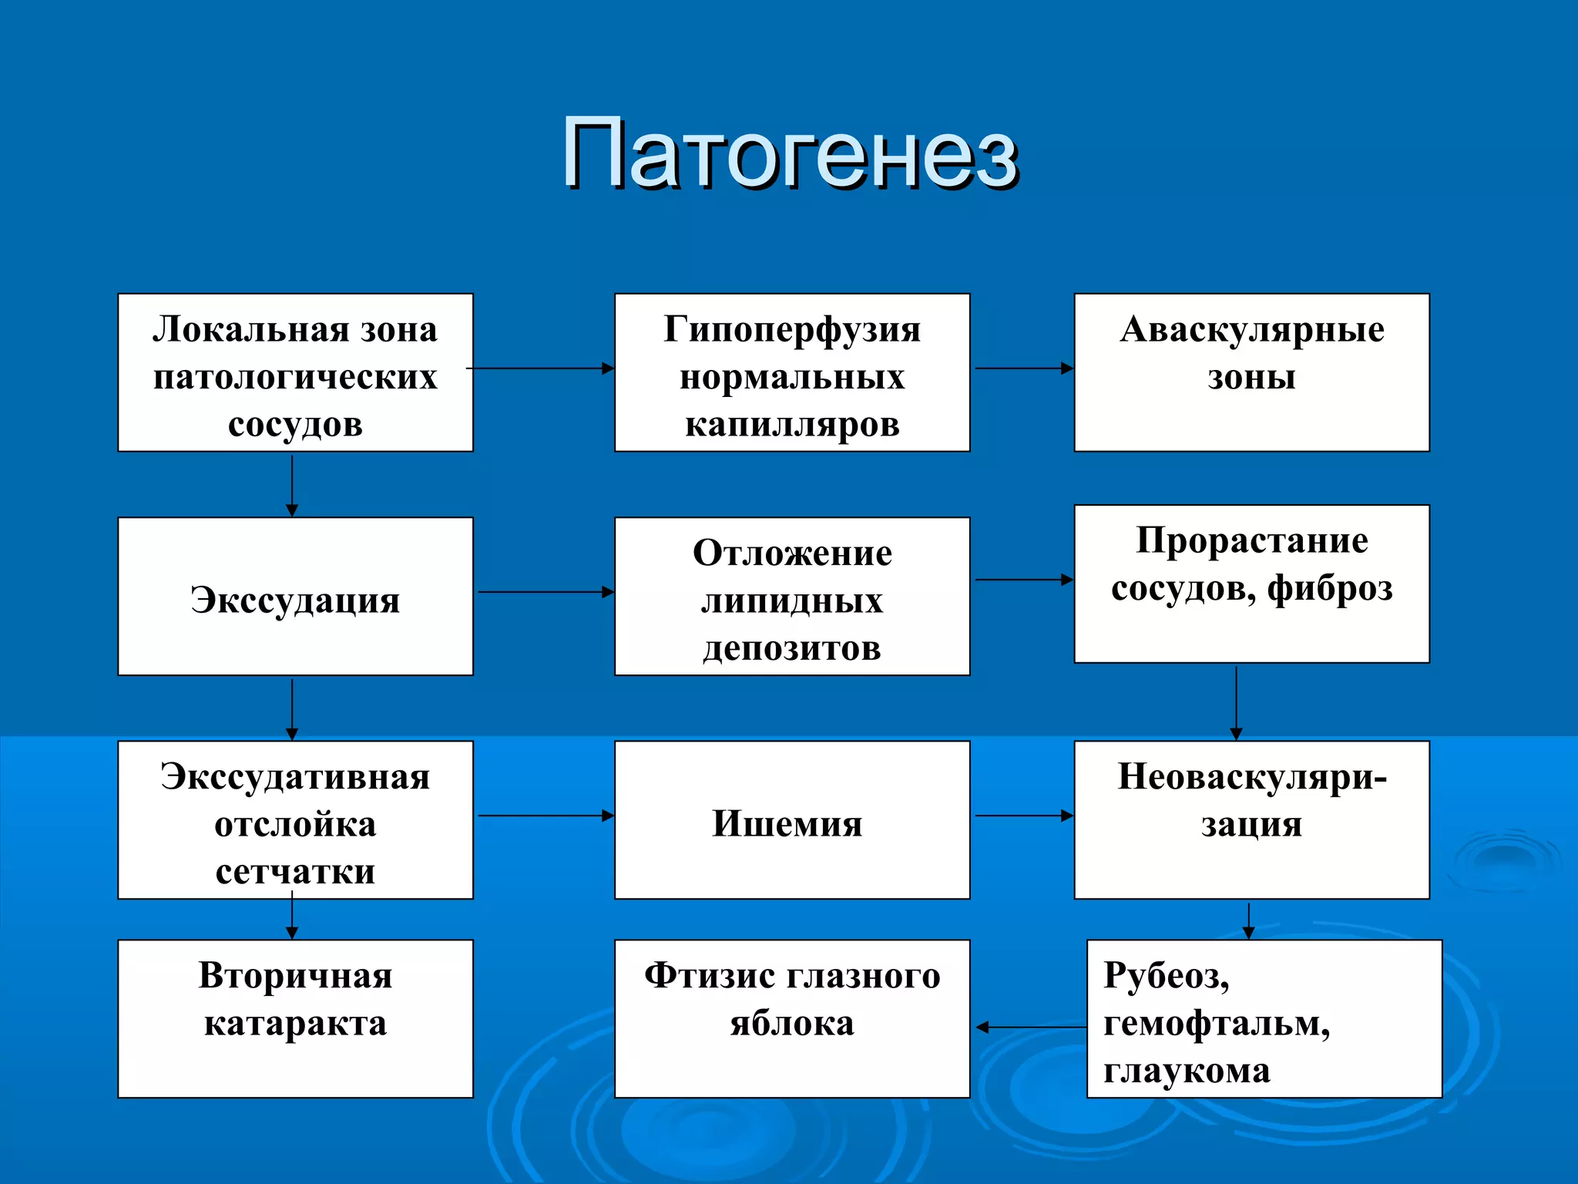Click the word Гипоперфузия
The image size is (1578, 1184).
coord(792,330)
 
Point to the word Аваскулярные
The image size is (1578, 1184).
coord(1251,330)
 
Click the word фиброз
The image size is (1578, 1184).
coord(1330,589)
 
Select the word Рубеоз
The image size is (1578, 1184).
coord(1165,976)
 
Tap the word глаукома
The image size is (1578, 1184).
coord(1187,1071)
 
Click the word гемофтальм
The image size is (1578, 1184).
coord(1216,1024)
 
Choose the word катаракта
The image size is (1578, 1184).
coord(295,1024)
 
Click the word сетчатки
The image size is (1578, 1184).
coord(295,873)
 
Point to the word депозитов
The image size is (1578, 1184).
coord(791,649)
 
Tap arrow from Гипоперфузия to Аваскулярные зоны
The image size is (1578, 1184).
coord(1023,368)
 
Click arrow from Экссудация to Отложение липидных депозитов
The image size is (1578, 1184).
coord(546,592)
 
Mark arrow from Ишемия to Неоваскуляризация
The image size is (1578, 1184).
coord(1023,816)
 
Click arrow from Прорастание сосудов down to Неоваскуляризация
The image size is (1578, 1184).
coord(1236,703)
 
